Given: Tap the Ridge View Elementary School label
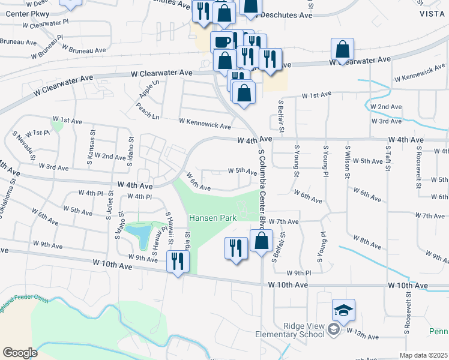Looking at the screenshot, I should click(291, 330).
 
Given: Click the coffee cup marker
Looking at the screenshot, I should click(221, 41).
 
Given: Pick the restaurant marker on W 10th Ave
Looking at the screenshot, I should click(178, 261).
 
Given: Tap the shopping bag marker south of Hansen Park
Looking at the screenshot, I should click(261, 241).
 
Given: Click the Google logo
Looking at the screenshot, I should click(20, 353).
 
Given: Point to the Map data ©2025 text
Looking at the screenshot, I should click(423, 355).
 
